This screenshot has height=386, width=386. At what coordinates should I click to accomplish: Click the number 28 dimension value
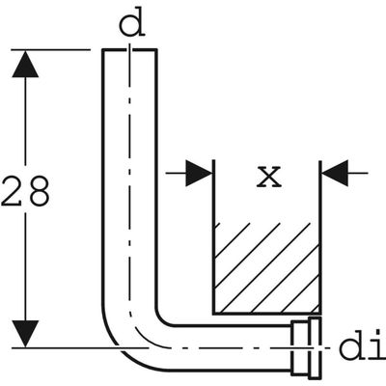click(x=25, y=191)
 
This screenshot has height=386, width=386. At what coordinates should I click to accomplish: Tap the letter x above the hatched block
click(x=269, y=177)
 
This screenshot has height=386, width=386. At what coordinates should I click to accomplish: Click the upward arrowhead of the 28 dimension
click(x=25, y=65)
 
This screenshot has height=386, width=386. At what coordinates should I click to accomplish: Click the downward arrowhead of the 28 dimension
click(x=25, y=334)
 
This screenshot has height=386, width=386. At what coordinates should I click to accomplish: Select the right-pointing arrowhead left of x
click(x=199, y=173)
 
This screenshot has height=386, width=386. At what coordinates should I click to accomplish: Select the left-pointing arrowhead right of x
click(x=335, y=173)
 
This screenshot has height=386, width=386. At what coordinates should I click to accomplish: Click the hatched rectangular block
click(x=266, y=267)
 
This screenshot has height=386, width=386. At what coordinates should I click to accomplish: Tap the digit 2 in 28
click(x=13, y=191)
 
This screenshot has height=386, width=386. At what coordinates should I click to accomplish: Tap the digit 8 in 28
click(x=38, y=191)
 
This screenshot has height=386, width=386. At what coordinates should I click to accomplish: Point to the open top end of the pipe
click(x=129, y=50)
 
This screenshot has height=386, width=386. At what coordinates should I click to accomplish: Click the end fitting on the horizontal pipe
click(x=306, y=348)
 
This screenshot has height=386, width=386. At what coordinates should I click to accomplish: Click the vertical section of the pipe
click(x=129, y=180)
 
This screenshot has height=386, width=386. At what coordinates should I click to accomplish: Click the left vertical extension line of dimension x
click(x=213, y=236)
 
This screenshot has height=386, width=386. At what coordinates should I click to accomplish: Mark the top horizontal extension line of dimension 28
click(x=51, y=50)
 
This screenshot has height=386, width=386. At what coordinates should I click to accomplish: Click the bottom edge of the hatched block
click(x=266, y=313)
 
